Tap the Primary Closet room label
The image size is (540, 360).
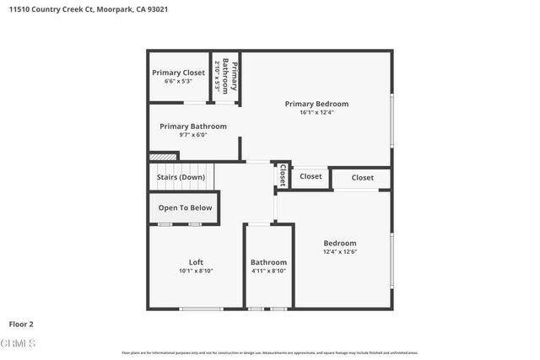tap(178, 73)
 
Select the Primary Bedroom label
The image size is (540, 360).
tap(316, 104)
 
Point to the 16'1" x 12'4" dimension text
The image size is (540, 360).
tap(316, 113)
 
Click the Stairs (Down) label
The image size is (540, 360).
tap(181, 177)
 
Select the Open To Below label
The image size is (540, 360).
tap(185, 207)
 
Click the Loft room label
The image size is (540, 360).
tap(196, 261)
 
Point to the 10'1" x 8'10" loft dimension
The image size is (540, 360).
tap(196, 271)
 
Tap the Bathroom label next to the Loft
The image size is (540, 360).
tap(268, 261)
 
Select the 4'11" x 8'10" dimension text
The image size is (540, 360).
tap(268, 271)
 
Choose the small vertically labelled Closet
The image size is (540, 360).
tap(282, 175)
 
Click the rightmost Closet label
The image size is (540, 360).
tap(363, 178)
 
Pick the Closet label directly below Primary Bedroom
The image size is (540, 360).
tap(310, 176)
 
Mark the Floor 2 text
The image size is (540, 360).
tap(21, 323)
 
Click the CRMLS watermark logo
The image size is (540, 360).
tap(18, 343)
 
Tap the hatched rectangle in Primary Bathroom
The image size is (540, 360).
tap(163, 156)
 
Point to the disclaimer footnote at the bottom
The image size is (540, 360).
tap(269, 352)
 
